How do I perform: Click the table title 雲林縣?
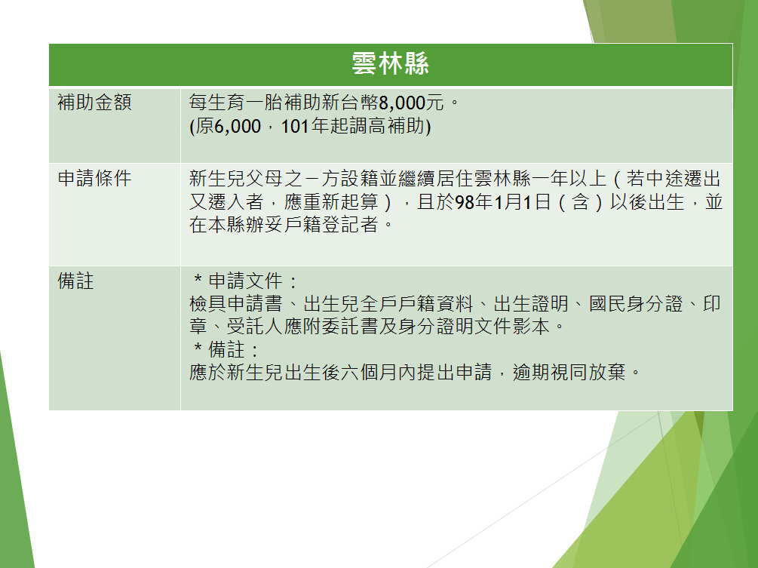point(390,64)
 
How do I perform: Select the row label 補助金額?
point(95,103)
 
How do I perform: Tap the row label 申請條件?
point(95,178)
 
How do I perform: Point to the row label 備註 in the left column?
point(76,281)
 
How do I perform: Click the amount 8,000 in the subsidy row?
point(402,103)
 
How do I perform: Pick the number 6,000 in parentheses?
point(238,126)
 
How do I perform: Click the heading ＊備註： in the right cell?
point(227,349)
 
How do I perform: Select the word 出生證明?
point(531,304)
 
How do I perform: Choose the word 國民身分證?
point(636,304)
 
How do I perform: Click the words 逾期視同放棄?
point(569,372)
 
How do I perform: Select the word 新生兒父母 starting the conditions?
point(236,178)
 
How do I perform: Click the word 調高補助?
point(388,126)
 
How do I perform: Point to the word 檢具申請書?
point(236,304)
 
